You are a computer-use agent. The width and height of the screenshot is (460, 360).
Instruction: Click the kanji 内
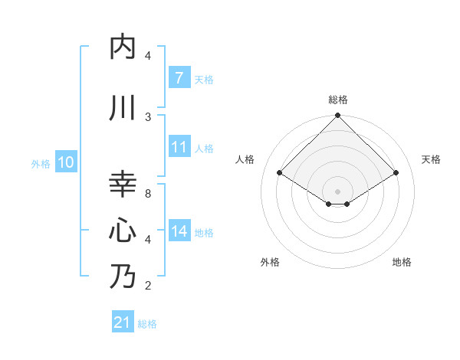pos(123,47)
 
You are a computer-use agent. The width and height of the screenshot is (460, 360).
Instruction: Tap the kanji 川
pos(123,108)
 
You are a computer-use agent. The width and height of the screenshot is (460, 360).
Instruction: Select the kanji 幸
pos(123,185)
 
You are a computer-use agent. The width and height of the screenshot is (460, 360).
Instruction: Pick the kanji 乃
pos(123,277)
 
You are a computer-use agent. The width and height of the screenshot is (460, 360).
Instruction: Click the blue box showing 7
pos(179,78)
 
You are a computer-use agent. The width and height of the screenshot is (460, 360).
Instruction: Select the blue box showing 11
pos(179,147)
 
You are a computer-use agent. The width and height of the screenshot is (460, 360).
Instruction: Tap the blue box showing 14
pos(179,231)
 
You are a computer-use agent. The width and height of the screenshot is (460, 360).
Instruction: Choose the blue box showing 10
pos(66,162)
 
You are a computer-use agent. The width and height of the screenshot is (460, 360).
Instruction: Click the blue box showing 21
pos(122,323)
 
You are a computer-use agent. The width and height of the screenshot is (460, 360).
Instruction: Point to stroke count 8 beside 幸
pos(148,193)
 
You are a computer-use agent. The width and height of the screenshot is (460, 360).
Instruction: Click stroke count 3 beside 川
pos(148,116)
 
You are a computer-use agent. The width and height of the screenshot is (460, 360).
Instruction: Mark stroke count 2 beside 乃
pos(148,286)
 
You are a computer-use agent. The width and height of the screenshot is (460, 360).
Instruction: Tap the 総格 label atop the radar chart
pos(338,100)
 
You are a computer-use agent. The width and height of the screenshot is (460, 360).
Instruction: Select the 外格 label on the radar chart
pos(270,262)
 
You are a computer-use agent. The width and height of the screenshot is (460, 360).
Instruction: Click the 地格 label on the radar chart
pos(402,262)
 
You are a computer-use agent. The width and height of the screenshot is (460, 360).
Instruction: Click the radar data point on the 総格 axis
pos(338,116)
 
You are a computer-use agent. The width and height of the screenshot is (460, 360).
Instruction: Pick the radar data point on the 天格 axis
pos(396,173)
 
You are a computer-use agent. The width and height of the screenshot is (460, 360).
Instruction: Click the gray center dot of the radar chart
pos(338,191)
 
